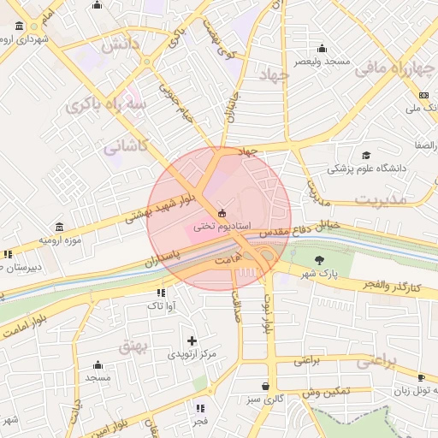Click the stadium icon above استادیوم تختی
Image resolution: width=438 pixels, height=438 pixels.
click(222, 213)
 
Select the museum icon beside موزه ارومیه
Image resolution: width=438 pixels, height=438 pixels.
click(59, 227)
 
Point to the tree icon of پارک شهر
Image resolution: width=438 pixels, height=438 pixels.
click(320, 260)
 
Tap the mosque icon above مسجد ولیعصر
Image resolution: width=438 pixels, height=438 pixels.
click(322, 49)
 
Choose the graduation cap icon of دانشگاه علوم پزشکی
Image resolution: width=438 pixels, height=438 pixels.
click(367, 155)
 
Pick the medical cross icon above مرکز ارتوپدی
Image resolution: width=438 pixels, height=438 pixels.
click(192, 340)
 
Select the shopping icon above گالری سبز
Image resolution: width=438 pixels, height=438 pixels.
click(265, 386)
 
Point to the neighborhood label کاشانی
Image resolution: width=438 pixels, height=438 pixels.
click(126, 147)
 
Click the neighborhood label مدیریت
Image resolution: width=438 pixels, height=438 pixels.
click(378, 199)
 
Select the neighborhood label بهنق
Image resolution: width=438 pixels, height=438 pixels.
click(133, 346)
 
